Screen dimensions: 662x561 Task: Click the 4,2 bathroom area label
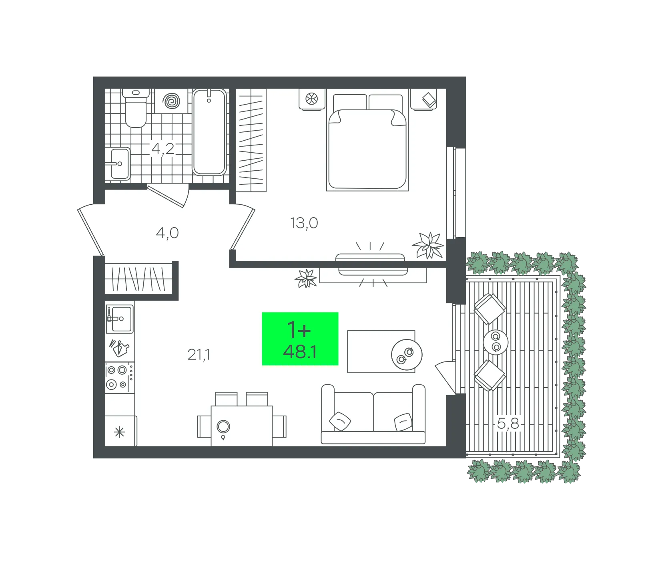[163, 149]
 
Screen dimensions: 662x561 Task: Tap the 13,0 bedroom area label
[304, 223]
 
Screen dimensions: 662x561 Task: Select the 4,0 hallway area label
[167, 233]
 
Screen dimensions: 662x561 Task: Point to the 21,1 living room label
[199, 355]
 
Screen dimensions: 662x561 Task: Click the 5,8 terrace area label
[508, 423]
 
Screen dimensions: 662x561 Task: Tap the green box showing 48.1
[300, 339]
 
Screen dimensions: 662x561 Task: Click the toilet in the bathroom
[136, 108]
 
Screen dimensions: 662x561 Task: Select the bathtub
[209, 132]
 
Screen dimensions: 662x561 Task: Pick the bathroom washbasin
[118, 163]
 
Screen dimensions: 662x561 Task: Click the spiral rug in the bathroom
[172, 101]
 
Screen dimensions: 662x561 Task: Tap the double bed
[367, 142]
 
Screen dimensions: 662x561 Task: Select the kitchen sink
[120, 319]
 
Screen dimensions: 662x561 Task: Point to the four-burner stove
[120, 377]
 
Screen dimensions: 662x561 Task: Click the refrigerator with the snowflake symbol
[120, 431]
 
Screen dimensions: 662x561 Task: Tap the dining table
[242, 426]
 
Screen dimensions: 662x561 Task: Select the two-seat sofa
[373, 414]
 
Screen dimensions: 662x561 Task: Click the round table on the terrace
[495, 342]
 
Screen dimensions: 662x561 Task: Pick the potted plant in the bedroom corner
[428, 245]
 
